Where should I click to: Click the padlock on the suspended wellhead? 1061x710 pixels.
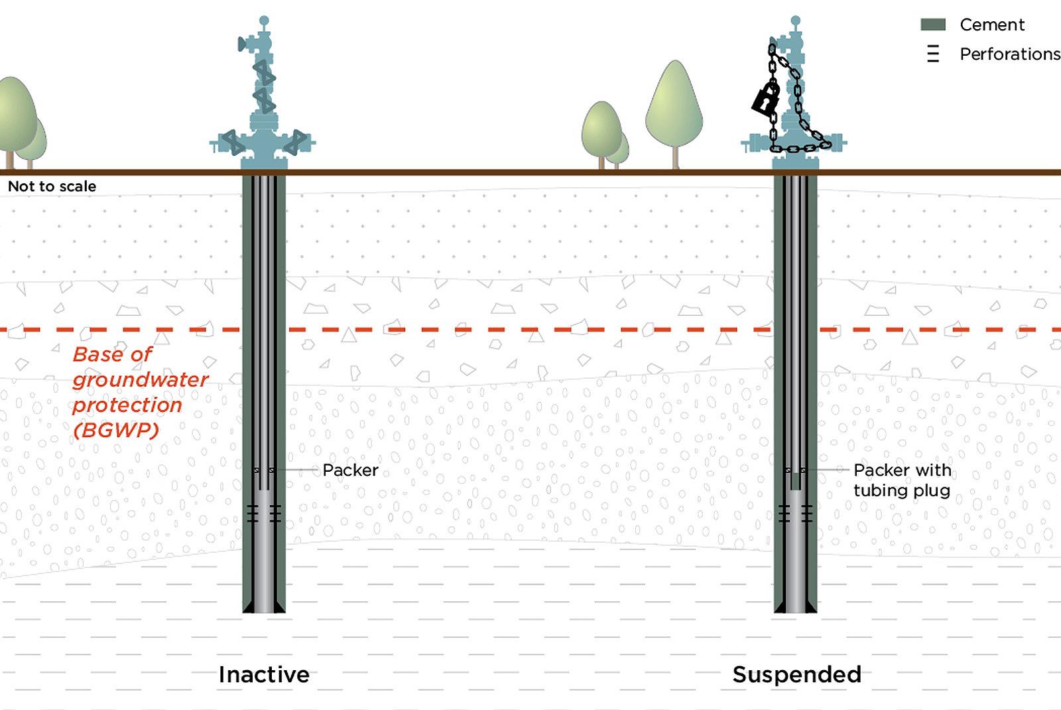pos(765,98)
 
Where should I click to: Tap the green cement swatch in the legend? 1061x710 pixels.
pos(932,25)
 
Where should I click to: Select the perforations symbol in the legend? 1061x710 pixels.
pos(932,54)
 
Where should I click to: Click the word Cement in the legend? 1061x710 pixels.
pos(991,25)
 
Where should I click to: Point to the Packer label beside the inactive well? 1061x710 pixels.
pos(350,470)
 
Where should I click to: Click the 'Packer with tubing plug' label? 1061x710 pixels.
pos(901,480)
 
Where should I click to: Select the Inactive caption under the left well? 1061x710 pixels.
pos(264,674)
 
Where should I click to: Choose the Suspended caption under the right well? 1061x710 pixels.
pos(796,674)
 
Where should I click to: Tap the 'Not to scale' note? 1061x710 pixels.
pos(52,186)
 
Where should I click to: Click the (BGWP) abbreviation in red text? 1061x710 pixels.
pos(116,430)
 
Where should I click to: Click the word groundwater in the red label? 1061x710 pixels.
pos(141,380)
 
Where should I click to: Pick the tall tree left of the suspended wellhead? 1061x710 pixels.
pos(674,106)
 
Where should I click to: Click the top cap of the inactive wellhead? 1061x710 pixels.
pos(264,21)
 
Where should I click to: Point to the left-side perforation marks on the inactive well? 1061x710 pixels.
pos(253,513)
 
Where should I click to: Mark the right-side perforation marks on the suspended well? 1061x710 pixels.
pos(807,513)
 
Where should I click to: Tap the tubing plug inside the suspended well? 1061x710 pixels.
pos(796,481)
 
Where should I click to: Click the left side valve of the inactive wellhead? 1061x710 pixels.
pos(232,142)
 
